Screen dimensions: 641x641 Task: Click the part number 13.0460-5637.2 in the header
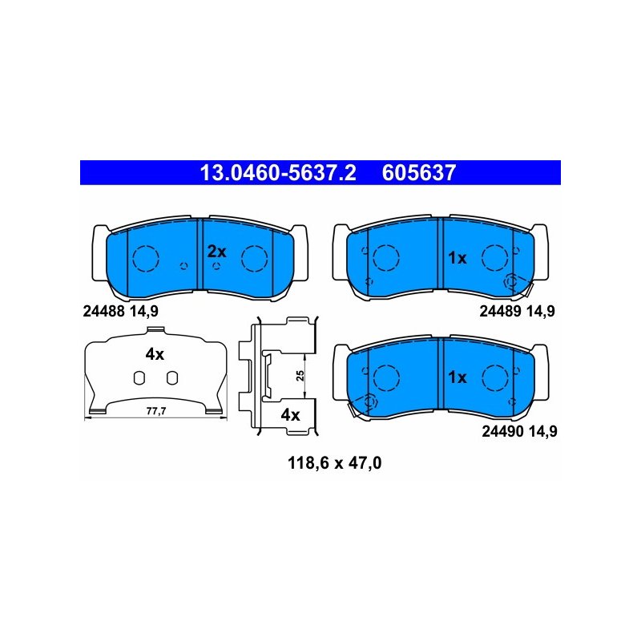coord(278,172)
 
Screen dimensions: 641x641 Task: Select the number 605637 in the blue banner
coord(419,172)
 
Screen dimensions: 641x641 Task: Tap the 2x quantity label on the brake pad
coord(216,252)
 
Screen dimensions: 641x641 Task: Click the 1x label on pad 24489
coord(457,258)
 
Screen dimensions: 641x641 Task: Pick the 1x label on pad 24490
coord(457,377)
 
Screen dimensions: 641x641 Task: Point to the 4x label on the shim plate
coord(155,354)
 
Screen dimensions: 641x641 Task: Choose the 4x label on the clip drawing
coord(290,415)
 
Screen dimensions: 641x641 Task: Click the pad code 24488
coord(103,311)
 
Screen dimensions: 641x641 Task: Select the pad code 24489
coord(500,311)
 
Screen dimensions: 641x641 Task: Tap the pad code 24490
coord(502,431)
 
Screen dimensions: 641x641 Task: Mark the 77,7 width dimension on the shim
coord(156,411)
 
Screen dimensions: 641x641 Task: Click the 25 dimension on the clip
coord(300,376)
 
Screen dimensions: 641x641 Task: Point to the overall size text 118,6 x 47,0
coord(334,463)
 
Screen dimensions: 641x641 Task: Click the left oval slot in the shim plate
coord(139,378)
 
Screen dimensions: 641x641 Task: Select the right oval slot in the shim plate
coord(172,378)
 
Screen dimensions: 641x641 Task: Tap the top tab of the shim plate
coord(155,330)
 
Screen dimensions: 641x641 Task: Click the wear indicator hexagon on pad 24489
coord(511,282)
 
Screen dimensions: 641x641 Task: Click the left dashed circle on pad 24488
coord(146,258)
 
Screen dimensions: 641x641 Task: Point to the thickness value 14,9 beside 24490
coord(542,431)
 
